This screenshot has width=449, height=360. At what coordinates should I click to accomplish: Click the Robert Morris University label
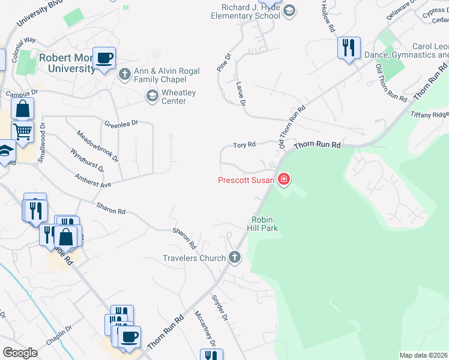point(67,63)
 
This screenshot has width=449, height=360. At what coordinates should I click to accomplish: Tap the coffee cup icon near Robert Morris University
point(104,58)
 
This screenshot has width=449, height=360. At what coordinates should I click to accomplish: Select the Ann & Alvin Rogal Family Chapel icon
point(125,74)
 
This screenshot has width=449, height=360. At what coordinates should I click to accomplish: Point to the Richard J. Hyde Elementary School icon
point(289,11)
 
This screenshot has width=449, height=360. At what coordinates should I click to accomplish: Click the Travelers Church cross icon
point(235,258)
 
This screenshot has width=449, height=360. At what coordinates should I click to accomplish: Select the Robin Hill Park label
point(262,224)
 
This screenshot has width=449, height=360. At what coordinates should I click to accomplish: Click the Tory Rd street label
point(244,145)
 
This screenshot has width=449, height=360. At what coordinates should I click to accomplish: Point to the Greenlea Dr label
point(121,124)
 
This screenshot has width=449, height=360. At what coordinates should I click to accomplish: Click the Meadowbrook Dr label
point(97,146)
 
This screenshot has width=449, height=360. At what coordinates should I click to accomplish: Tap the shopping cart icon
point(22,131)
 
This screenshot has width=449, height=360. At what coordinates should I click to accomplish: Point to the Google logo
point(20,353)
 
